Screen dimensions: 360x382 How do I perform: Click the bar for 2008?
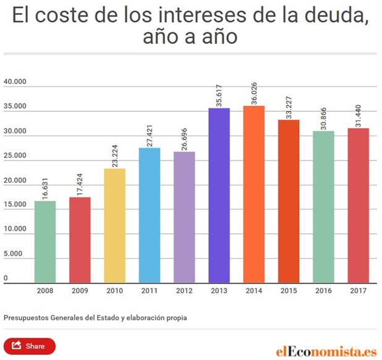[x=45, y=241]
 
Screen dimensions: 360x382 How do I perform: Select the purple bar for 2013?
[x=219, y=195]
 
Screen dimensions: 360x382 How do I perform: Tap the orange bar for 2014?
[x=253, y=194]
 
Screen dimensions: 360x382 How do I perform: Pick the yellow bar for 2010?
[x=114, y=225]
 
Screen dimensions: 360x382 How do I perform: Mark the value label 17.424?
[x=80, y=180]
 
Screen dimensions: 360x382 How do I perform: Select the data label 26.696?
[x=184, y=135]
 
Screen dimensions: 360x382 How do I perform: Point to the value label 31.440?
[x=359, y=112]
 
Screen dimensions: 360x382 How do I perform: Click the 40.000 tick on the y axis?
[x=14, y=82]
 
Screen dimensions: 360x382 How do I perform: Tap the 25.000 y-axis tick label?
[x=14, y=156]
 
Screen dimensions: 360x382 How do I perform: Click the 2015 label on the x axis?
[x=289, y=290]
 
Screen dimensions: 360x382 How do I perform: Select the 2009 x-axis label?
[x=80, y=290]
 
